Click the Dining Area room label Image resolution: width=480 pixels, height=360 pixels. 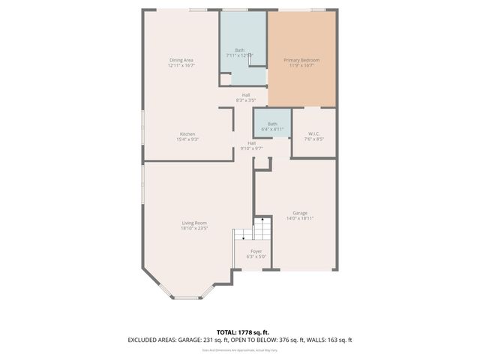(x=181, y=60)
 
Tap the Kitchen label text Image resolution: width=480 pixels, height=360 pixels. (x=187, y=134)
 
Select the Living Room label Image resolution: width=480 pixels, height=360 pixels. (x=194, y=223)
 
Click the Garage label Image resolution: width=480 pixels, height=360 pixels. (x=301, y=213)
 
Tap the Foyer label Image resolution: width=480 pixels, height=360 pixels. (x=256, y=251)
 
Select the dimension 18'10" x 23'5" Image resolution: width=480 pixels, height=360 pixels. (x=194, y=229)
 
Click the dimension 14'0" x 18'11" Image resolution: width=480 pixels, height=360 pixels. (x=301, y=219)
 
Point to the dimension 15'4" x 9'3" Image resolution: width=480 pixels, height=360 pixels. (x=187, y=140)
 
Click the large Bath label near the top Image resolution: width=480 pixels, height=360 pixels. (x=239, y=50)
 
